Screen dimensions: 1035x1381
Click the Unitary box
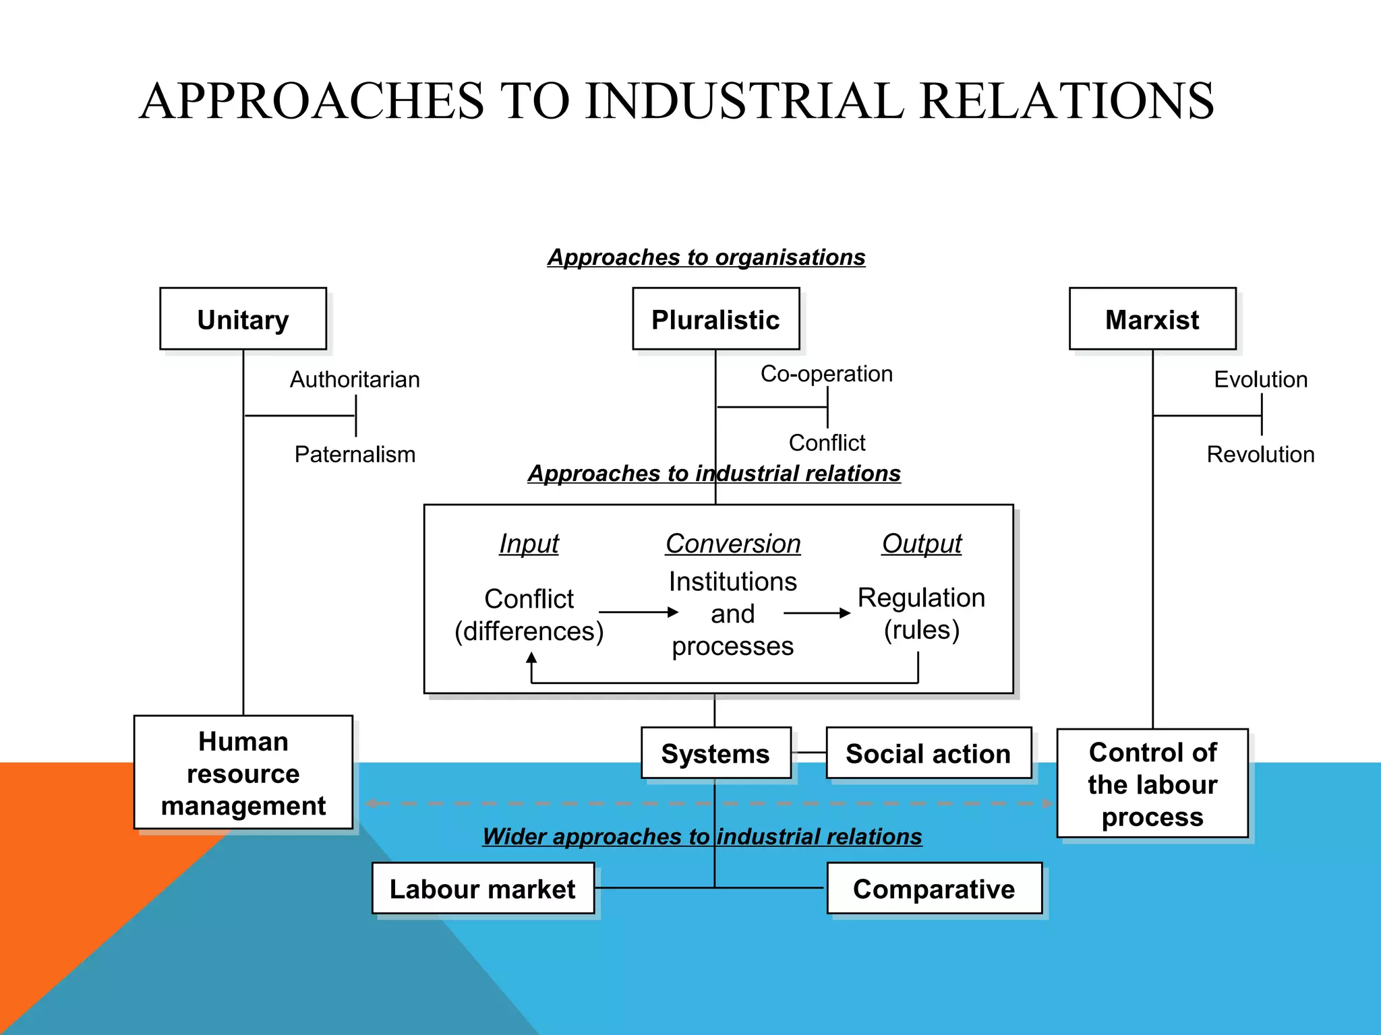243,319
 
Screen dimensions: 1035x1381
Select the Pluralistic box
715,319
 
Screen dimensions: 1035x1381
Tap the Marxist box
1152,319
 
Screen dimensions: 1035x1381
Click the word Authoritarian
355,379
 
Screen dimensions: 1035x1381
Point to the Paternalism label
355,454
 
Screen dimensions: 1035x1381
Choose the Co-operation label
826,373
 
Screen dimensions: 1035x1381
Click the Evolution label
1260,379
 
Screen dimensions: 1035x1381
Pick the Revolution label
1260,454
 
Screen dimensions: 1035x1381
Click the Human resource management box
243,773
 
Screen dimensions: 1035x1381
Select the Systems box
715,753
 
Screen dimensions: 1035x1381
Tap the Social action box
928,753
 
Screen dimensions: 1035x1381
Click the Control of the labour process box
1152,784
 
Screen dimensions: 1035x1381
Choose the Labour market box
482,889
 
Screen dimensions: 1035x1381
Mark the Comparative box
933,889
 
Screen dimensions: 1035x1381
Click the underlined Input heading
529,543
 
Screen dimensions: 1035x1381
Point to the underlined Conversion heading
732,543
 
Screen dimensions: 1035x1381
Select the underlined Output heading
921,543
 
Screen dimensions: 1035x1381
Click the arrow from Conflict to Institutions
638,612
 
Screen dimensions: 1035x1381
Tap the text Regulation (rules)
921,613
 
